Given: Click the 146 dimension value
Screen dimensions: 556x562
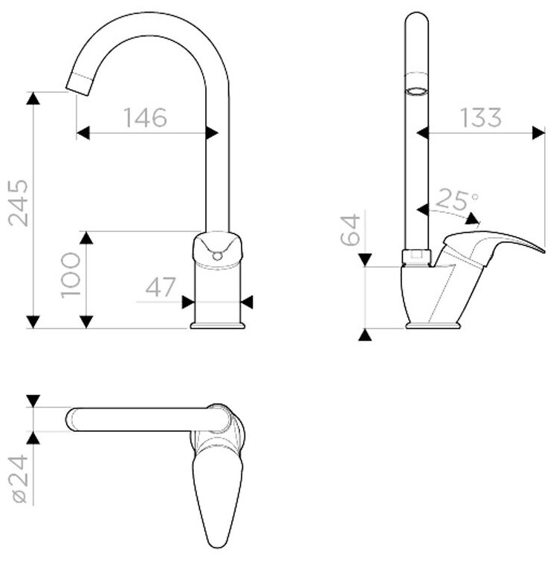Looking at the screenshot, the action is (146, 117).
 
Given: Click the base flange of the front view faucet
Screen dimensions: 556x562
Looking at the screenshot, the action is (218, 324).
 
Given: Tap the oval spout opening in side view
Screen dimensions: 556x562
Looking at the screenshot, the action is (418, 92).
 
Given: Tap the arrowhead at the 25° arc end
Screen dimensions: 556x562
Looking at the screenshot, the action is (471, 219).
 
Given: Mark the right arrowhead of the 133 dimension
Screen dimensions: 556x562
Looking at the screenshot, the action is (537, 132).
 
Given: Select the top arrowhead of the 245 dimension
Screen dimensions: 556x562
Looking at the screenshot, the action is (32, 98).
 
